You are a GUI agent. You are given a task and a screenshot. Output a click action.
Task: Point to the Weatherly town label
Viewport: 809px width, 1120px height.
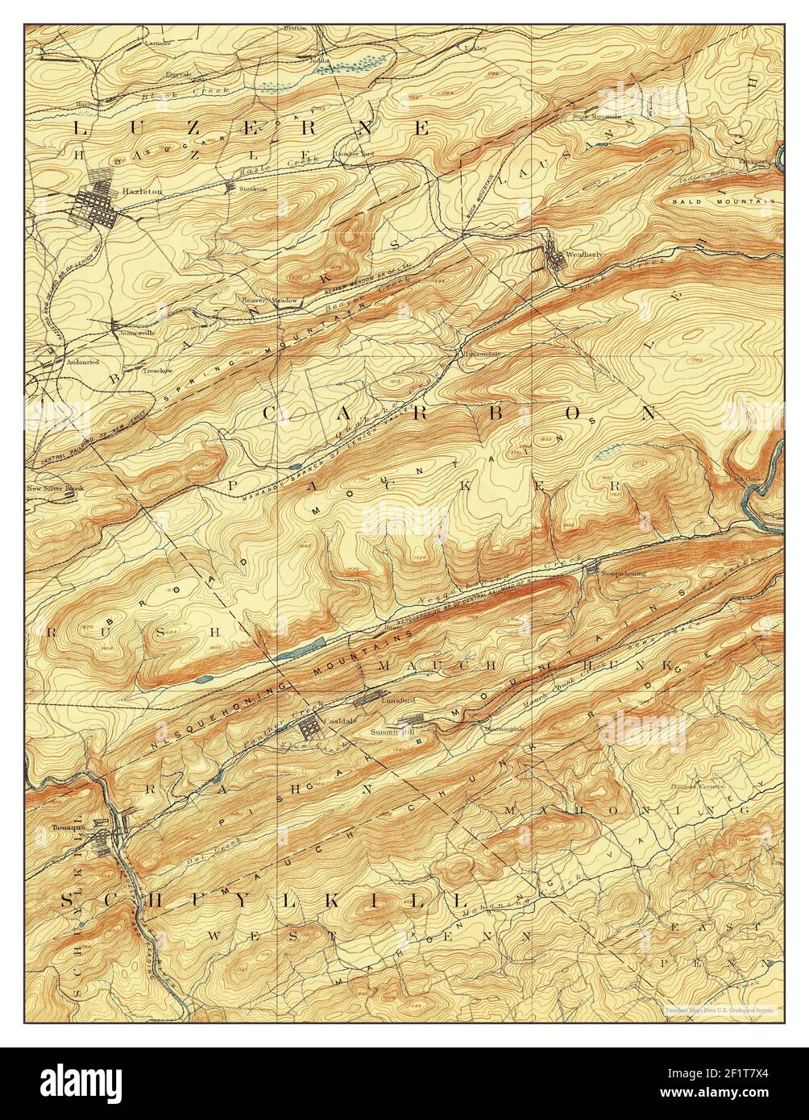point(584,255)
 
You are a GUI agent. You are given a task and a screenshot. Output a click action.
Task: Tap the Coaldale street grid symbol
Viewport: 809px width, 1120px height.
point(309,728)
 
